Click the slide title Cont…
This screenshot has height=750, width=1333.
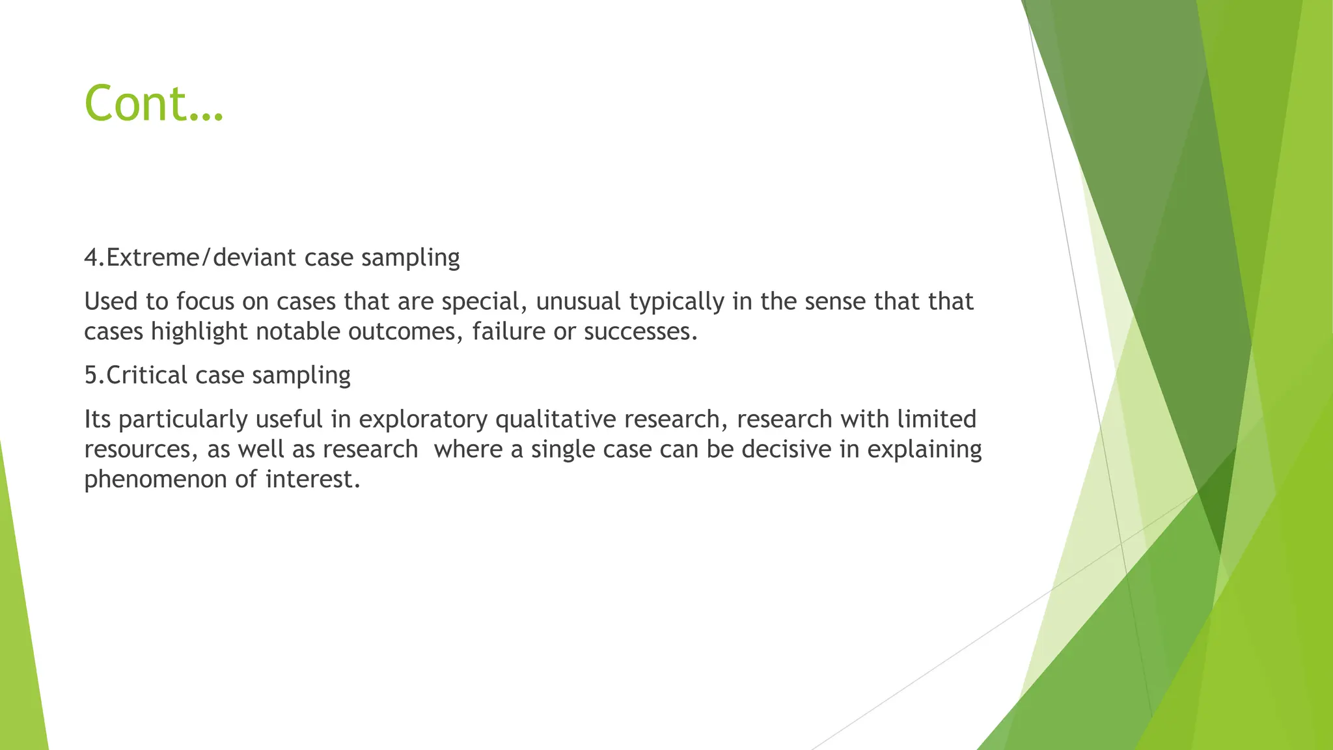[x=154, y=104]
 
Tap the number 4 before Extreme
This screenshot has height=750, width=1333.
[x=91, y=258]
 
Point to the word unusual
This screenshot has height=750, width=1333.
[x=579, y=302]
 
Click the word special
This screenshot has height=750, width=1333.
[x=484, y=302]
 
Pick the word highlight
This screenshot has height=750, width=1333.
[x=199, y=332]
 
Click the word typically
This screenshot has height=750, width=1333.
[x=677, y=302]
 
